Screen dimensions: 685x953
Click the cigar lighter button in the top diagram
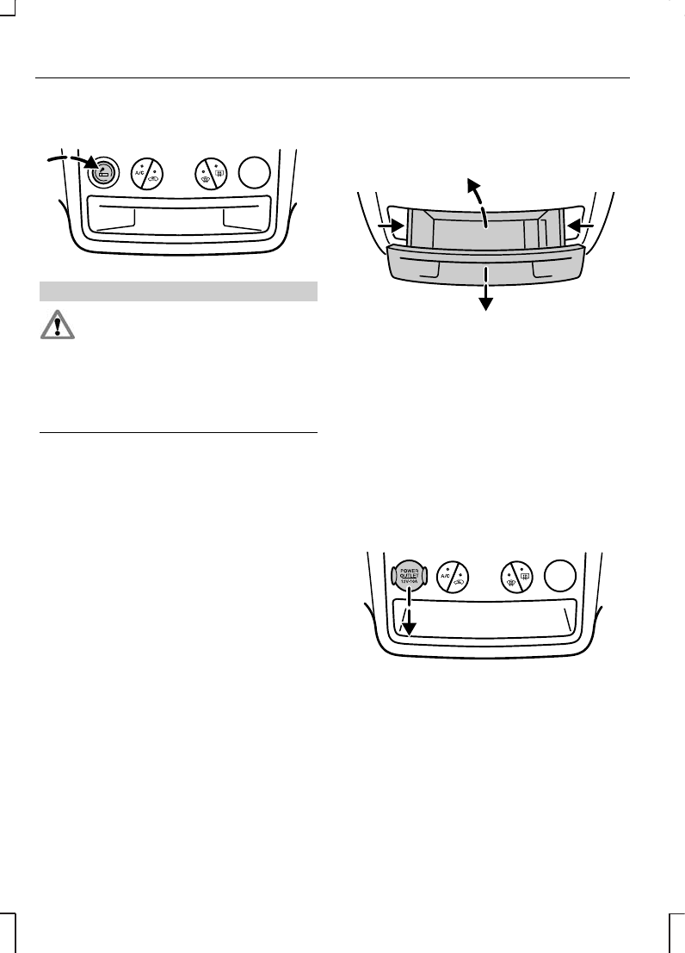103,172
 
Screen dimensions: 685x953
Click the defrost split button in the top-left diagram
210,173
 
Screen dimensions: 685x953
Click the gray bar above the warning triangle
179,291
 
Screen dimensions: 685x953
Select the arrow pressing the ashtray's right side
582,226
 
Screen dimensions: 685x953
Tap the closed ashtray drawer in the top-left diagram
179,217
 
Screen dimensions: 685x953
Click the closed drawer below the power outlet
486,618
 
